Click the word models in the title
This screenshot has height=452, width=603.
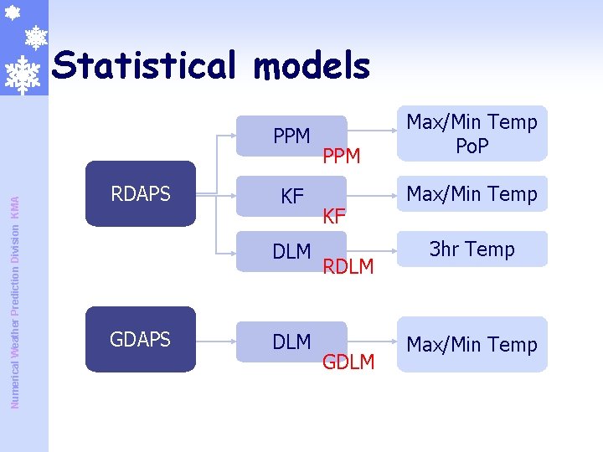pyautogui.click(x=314, y=65)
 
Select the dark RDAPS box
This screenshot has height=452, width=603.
pyautogui.click(x=141, y=194)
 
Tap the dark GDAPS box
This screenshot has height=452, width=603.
pyautogui.click(x=141, y=339)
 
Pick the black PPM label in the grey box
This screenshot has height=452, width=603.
pyautogui.click(x=291, y=136)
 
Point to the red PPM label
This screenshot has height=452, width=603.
pyautogui.click(x=342, y=156)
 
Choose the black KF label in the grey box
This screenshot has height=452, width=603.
pyautogui.click(x=291, y=198)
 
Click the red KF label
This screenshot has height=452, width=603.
pyautogui.click(x=334, y=217)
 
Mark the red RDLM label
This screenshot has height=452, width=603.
pyautogui.click(x=348, y=266)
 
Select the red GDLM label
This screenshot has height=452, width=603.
pyautogui.click(x=348, y=362)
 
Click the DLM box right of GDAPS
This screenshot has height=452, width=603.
pyautogui.click(x=291, y=342)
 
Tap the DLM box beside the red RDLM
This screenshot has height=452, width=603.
pyautogui.click(x=291, y=251)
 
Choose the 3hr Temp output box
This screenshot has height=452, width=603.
pyautogui.click(x=472, y=249)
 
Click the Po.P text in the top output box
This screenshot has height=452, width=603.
pyautogui.click(x=472, y=146)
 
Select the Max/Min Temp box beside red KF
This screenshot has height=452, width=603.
pyautogui.click(x=472, y=193)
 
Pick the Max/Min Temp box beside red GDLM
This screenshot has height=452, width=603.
pyautogui.click(x=472, y=344)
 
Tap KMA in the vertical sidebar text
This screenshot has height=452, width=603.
pyautogui.click(x=14, y=203)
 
